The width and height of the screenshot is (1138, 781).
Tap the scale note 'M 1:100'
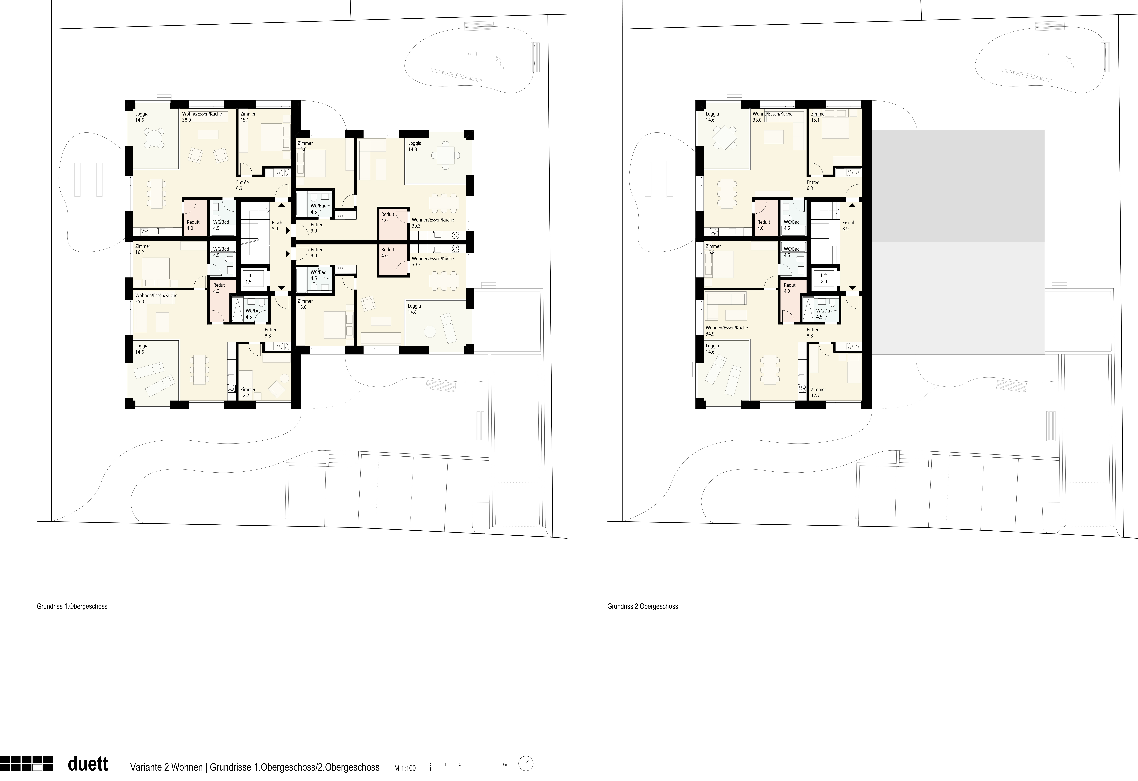(x=405, y=768)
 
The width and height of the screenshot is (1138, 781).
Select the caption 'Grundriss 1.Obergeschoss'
(x=72, y=606)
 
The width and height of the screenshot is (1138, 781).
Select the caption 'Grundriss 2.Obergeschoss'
(x=642, y=606)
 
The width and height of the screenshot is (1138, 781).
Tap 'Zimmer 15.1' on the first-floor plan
(x=248, y=117)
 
